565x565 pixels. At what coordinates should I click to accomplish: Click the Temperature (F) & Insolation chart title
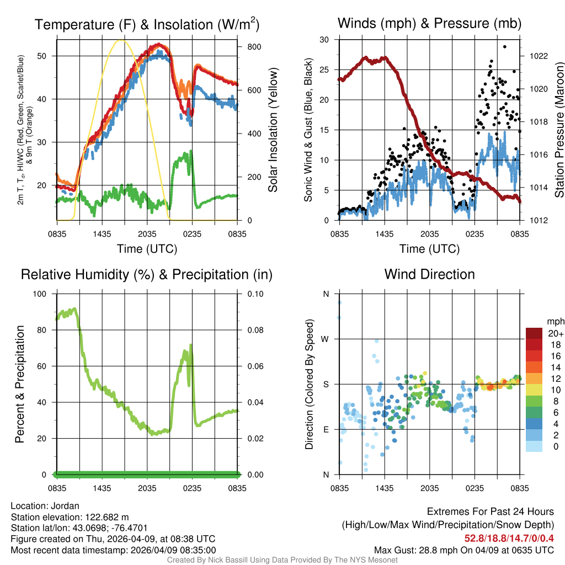point(147,25)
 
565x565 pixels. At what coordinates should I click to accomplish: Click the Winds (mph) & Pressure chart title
point(429,23)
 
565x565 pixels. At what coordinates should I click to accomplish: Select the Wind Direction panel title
point(429,274)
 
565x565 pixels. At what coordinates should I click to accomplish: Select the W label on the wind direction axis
point(326,339)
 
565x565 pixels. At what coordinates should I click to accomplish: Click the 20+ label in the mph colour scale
point(555,334)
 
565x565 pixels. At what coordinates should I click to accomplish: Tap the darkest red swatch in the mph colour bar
point(534,333)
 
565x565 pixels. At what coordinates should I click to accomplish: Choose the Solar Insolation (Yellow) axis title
point(273,130)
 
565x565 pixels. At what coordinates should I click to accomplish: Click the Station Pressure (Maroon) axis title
point(558,130)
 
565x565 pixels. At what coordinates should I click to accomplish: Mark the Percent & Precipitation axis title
point(19,384)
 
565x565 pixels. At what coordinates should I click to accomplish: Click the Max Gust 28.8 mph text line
point(463,550)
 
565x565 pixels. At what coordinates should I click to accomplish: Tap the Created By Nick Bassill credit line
point(282,560)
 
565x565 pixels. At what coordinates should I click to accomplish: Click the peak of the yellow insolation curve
point(121,40)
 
